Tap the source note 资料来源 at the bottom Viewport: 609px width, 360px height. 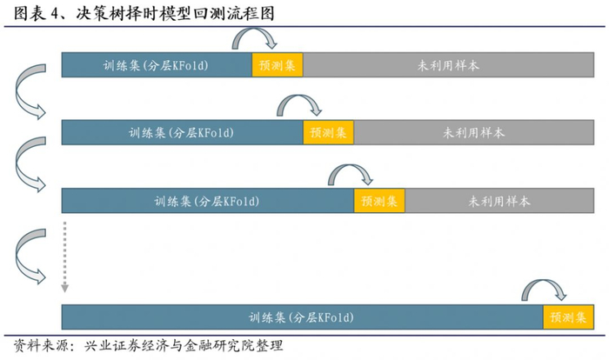point(148,345)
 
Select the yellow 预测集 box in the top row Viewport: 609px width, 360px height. point(278,65)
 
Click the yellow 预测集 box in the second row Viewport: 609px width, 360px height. point(329,133)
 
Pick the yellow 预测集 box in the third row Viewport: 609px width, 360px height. point(379,201)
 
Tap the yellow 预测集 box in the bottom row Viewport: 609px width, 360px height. point(568,317)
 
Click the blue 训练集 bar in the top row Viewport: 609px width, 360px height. point(157,65)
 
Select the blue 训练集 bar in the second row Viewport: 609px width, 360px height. point(183,133)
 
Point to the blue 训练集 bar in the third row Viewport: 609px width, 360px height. point(207,201)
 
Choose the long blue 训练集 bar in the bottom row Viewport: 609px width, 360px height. point(302,317)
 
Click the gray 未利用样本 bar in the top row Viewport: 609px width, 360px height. point(448,65)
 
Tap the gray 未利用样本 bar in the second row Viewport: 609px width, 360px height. point(474,133)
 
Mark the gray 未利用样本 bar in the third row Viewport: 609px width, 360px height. point(499,201)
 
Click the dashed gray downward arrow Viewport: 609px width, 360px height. point(64,257)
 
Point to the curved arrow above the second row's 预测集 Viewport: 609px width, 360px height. point(300,104)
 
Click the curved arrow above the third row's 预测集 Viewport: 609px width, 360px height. point(351,172)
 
